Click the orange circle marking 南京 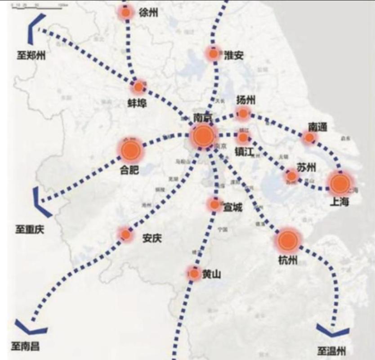pyautogui.click(x=202, y=135)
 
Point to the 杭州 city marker pyautogui.click(x=287, y=241)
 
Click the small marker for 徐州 pyautogui.click(x=126, y=13)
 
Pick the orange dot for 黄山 pyautogui.click(x=194, y=273)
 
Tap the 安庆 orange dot pyautogui.click(x=125, y=234)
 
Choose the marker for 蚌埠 pyautogui.click(x=139, y=86)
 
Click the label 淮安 pyautogui.click(x=233, y=55)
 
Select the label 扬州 pyautogui.click(x=246, y=100)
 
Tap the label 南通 pyautogui.click(x=317, y=126)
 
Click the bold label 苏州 pyautogui.click(x=306, y=167)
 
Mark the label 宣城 pyautogui.click(x=232, y=207)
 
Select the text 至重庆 pyautogui.click(x=30, y=229)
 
